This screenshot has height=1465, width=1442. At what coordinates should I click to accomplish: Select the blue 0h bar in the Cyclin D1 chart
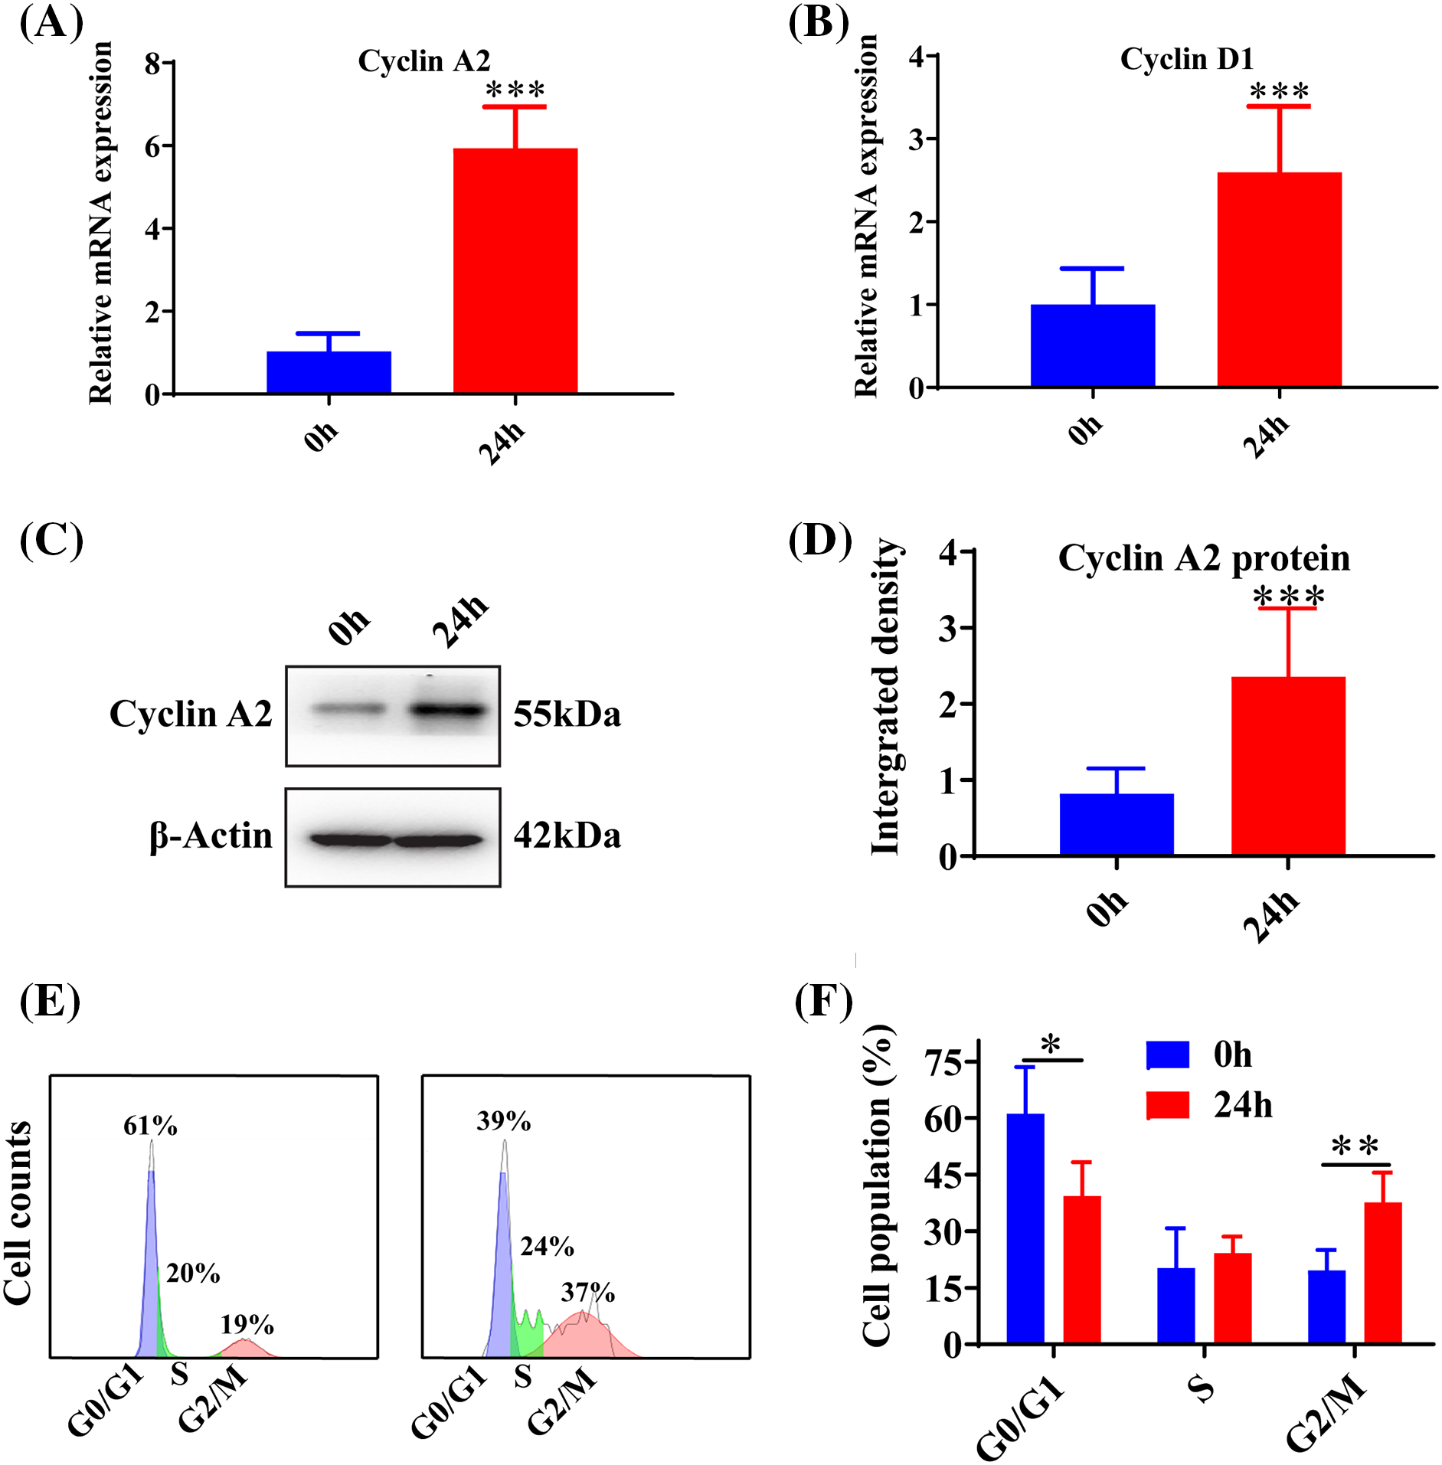[x=1092, y=345]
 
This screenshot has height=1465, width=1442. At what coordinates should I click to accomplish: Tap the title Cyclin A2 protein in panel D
[x=1203, y=558]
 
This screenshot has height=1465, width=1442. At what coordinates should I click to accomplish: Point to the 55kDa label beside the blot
[x=567, y=715]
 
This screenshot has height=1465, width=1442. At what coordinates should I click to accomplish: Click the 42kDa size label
[x=567, y=836]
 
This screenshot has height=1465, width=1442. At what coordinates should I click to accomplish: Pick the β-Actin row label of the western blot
[x=211, y=836]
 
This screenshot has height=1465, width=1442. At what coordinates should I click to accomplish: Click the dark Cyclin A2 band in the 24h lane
[x=448, y=711]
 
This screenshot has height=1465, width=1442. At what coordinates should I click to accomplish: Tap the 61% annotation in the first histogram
[x=150, y=1126]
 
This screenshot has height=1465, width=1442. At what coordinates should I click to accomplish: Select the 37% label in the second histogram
[x=587, y=1293]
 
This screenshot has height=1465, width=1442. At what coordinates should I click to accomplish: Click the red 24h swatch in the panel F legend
[x=1168, y=1105]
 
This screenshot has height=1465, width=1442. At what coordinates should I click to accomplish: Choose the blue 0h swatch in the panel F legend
[x=1168, y=1055]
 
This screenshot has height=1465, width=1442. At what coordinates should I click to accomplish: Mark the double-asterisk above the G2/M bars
[x=1355, y=1147]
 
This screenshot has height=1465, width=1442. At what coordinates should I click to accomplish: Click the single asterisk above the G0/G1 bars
[x=1051, y=1045]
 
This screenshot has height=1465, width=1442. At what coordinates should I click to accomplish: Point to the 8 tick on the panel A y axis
[x=153, y=63]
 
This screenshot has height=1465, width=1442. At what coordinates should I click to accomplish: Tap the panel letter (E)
[x=50, y=1001]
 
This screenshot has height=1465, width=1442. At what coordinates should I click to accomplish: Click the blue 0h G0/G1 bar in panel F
[x=1025, y=1228]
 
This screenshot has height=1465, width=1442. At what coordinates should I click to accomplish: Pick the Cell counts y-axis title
[x=18, y=1213]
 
